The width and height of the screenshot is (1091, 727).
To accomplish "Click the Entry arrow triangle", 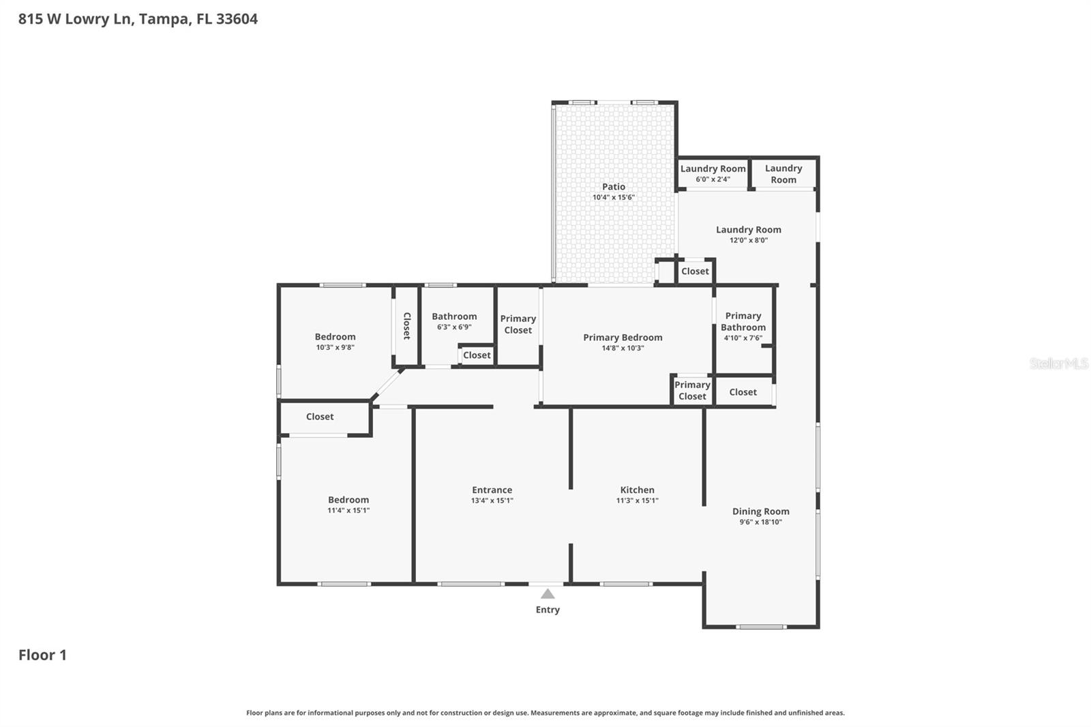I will tap(548, 594).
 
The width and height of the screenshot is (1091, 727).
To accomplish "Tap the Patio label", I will tap(614, 186).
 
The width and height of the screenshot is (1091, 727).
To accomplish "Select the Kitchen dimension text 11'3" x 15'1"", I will tap(637, 501).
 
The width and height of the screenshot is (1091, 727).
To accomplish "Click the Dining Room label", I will tap(760, 511).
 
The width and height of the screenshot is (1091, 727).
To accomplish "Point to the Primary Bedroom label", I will tap(623, 337).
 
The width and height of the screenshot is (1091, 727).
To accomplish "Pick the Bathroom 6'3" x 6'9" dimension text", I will tap(454, 327).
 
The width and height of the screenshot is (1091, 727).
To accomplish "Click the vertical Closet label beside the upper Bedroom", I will tap(406, 326).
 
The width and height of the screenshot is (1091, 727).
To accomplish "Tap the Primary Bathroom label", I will tap(743, 321).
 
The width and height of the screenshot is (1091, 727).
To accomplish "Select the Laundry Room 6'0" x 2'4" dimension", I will tap(713, 179).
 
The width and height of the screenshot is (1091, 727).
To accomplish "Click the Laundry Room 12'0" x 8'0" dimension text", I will tap(749, 240).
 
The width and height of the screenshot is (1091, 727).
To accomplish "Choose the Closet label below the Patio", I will tap(695, 271).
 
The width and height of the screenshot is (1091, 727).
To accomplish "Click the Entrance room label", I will tap(492, 490).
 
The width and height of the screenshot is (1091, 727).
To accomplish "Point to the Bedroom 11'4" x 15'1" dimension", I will tap(348, 510).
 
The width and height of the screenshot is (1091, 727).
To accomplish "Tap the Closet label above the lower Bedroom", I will tap(320, 417).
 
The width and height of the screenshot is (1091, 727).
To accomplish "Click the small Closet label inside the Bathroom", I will tap(477, 355).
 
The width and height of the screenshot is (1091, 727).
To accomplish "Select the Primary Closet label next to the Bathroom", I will tap(518, 324).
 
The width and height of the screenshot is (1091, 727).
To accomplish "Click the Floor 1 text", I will tap(42, 655).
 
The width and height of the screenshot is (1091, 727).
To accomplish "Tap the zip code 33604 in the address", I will tap(237, 18).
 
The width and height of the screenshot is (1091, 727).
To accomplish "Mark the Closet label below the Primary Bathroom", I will tap(743, 391).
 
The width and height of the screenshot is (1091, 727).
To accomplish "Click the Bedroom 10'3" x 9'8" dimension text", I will tap(335, 347).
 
